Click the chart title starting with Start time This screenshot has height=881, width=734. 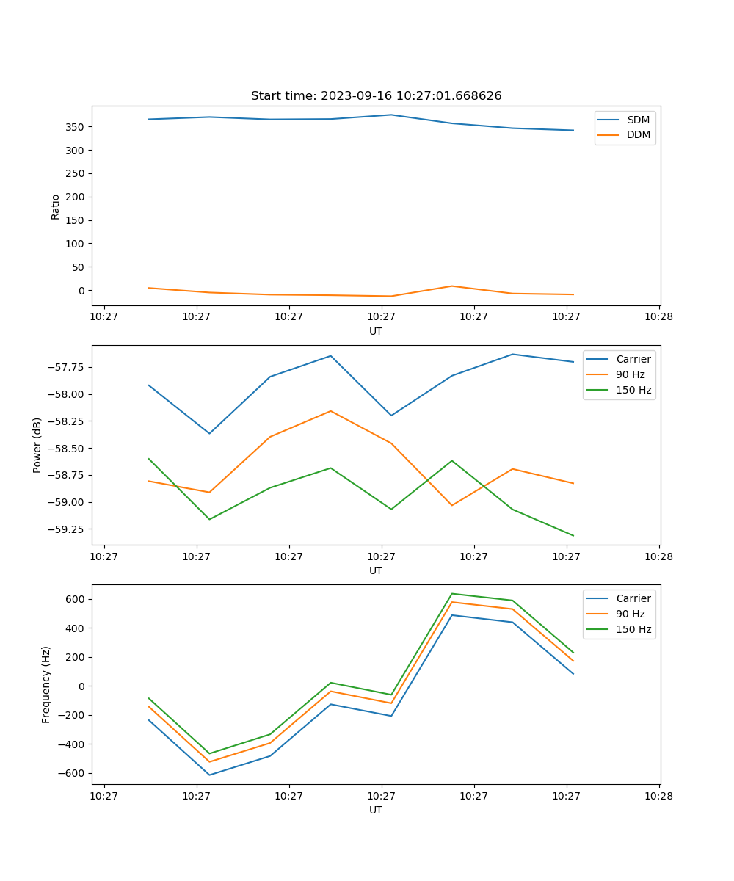coord(376,96)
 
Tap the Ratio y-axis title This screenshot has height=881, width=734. coord(56,206)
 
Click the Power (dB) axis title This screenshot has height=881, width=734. coord(37,445)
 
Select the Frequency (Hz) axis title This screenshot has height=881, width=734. coord(46,684)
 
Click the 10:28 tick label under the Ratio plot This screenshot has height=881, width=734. coord(658,317)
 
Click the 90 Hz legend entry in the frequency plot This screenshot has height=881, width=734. coord(630,614)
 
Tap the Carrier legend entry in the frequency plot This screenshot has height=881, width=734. coord(633,598)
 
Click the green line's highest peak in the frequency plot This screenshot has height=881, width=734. coord(451,593)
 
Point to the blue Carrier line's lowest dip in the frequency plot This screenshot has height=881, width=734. coord(209,775)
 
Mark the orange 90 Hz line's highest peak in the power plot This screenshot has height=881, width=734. coord(330,411)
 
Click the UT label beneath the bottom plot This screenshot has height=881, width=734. coord(376,810)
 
